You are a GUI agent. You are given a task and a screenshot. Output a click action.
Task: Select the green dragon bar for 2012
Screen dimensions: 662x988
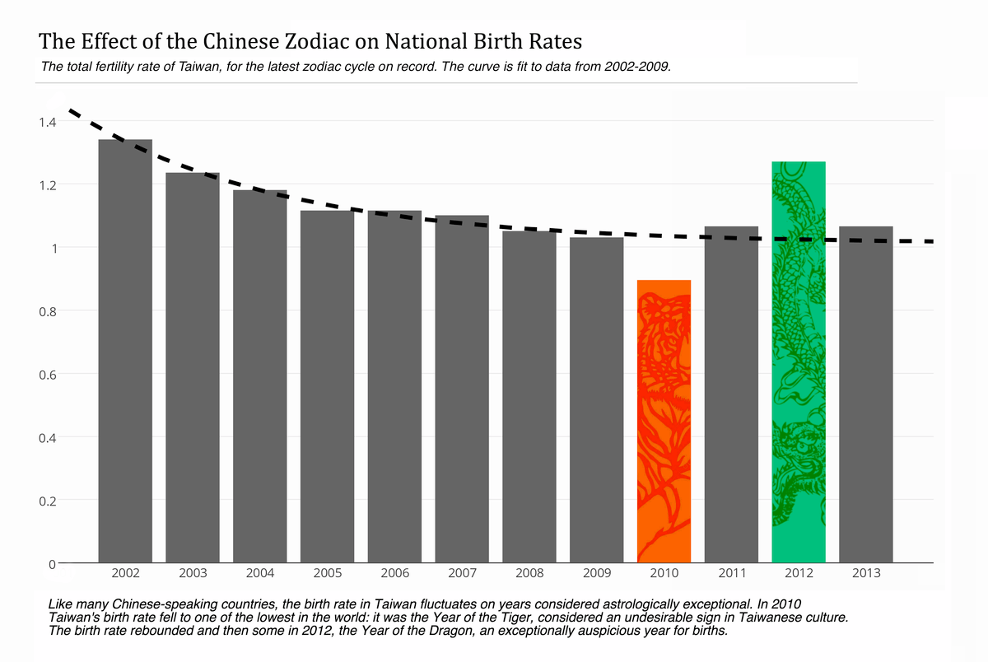click(799, 362)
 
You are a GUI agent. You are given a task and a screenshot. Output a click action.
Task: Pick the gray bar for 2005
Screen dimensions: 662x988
click(327, 387)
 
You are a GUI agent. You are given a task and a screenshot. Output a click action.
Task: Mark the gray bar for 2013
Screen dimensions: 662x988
click(866, 394)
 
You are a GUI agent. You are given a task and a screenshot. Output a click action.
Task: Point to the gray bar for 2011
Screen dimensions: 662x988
click(731, 394)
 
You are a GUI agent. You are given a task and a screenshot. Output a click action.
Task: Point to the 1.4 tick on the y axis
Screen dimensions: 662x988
click(46, 122)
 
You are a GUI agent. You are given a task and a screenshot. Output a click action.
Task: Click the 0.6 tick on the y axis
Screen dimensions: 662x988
click(46, 375)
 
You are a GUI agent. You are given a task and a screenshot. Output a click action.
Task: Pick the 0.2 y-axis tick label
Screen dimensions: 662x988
click(46, 501)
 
